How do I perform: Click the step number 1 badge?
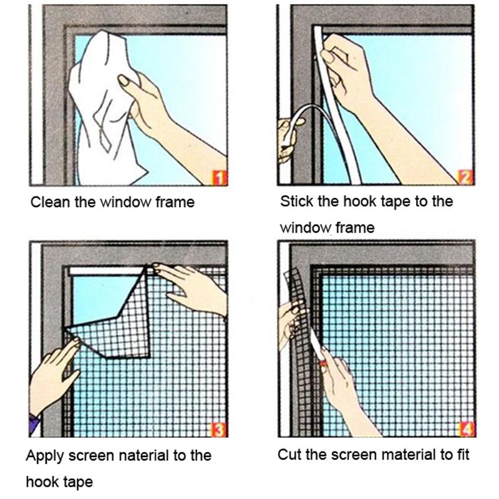pos(219,179)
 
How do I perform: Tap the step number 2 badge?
pos(466,178)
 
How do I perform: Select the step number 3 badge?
pos(220,429)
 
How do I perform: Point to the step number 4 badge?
pos(466,429)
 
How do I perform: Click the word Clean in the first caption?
pos(46,202)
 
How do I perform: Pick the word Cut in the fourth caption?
pos(288,454)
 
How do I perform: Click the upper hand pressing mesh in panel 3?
pos(193,284)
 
